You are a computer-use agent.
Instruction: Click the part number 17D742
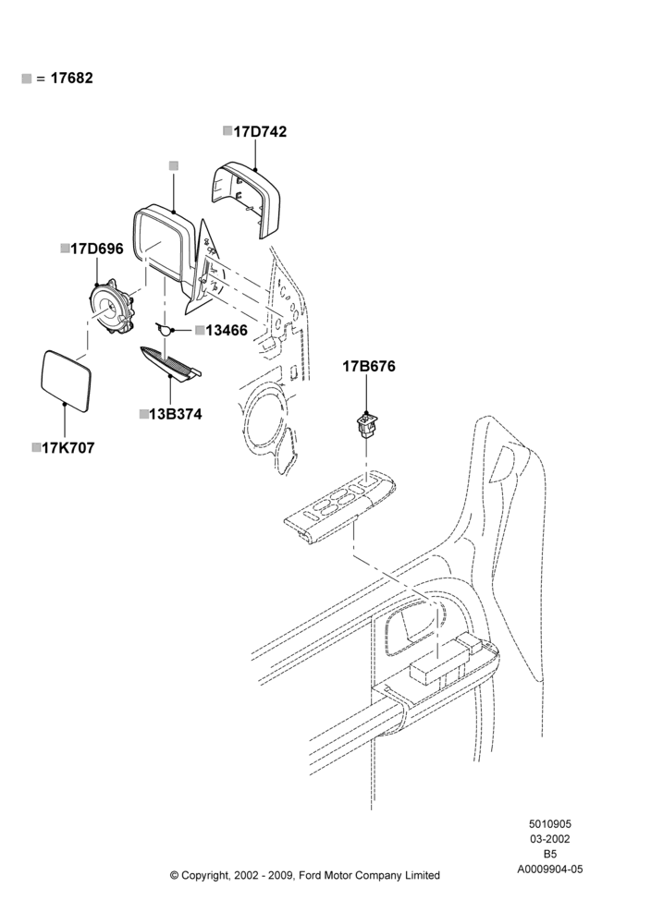(260, 131)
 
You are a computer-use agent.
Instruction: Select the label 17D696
(97, 249)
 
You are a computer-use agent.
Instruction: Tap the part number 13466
(227, 331)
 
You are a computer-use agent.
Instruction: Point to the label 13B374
(175, 414)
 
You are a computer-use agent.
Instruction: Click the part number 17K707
(68, 448)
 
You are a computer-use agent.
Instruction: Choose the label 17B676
(369, 367)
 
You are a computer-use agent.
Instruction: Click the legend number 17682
(71, 79)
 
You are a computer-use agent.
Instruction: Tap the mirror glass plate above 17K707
(66, 382)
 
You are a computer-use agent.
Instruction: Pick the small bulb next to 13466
(164, 329)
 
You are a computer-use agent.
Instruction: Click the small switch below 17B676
(367, 426)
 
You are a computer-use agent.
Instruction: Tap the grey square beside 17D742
(227, 131)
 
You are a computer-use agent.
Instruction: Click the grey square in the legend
(26, 79)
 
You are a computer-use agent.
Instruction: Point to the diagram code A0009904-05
(550, 869)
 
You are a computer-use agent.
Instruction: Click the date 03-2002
(549, 839)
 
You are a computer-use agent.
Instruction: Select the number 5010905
(549, 824)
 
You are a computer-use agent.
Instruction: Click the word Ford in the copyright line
(310, 875)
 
